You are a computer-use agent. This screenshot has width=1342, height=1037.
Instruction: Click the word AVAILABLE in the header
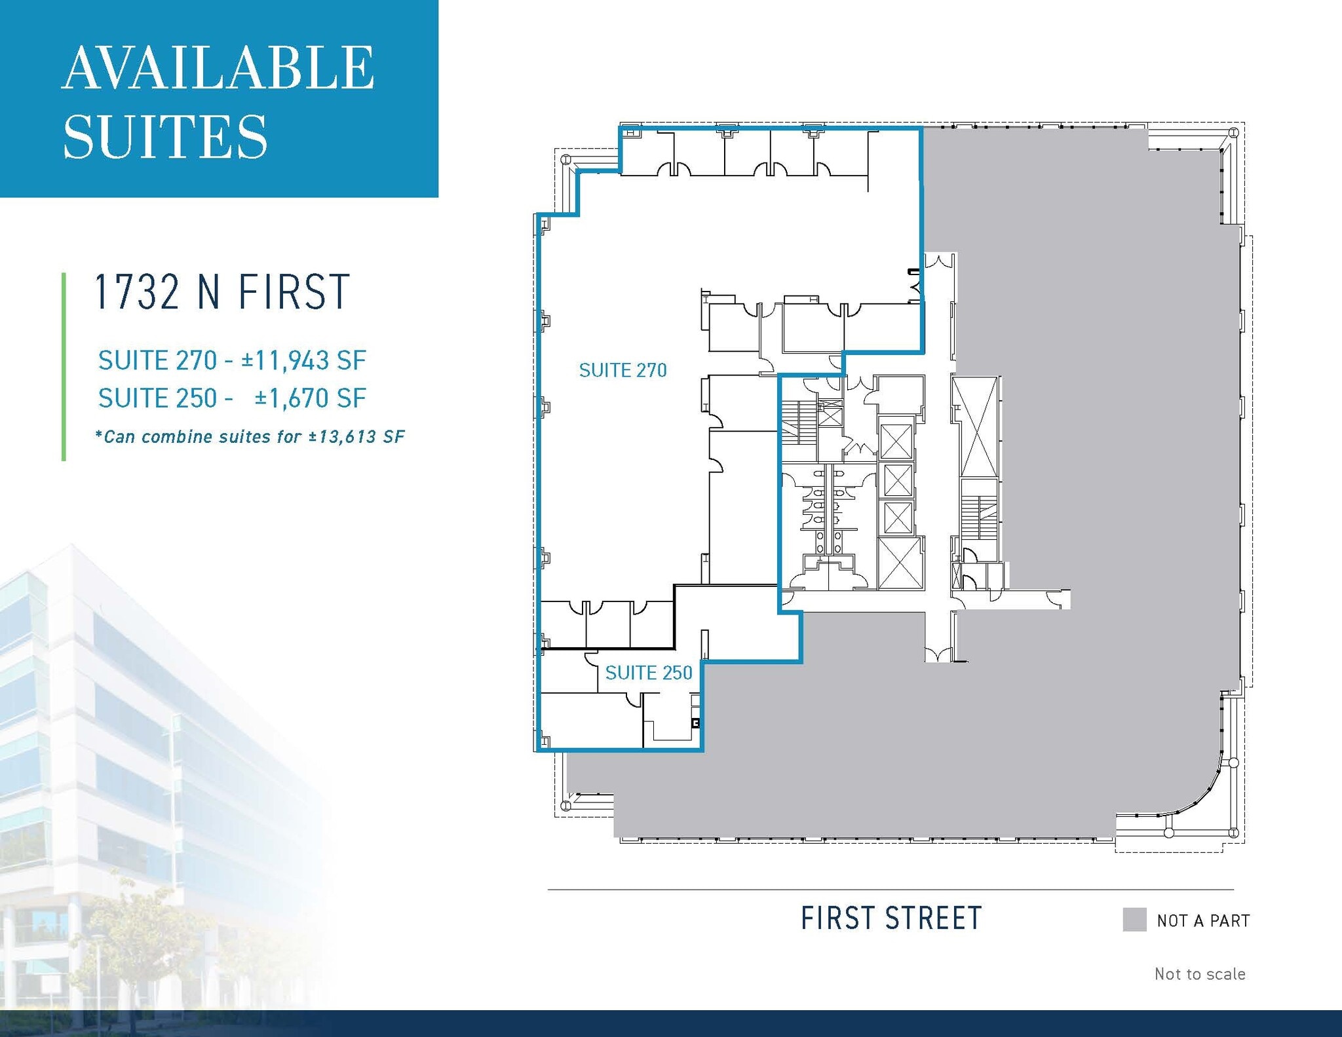click(x=218, y=68)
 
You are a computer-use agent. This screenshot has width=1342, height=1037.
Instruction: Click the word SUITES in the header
click(x=165, y=137)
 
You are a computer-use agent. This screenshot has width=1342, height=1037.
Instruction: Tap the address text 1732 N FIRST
click(x=222, y=292)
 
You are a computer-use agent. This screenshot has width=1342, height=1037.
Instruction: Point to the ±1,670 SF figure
click(x=311, y=398)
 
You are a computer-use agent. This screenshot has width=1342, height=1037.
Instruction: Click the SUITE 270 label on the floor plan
click(x=623, y=371)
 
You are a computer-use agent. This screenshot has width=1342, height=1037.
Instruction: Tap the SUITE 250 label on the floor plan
click(x=649, y=673)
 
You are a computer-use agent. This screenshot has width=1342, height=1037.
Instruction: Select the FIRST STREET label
click(x=891, y=918)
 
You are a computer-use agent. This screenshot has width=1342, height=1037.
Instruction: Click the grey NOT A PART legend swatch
click(x=1134, y=920)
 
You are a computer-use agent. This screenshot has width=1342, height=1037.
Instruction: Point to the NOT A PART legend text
click(x=1203, y=921)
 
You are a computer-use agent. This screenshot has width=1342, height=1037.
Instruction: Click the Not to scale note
click(x=1200, y=974)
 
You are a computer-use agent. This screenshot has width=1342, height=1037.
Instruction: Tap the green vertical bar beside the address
click(x=64, y=367)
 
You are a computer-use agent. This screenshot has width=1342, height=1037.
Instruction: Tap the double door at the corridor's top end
click(x=939, y=261)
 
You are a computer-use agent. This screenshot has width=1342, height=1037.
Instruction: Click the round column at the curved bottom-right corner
click(x=1233, y=763)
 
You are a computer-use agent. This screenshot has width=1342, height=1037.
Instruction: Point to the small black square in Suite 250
click(x=696, y=723)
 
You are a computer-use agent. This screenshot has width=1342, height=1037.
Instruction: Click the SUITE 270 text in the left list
click(x=157, y=360)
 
